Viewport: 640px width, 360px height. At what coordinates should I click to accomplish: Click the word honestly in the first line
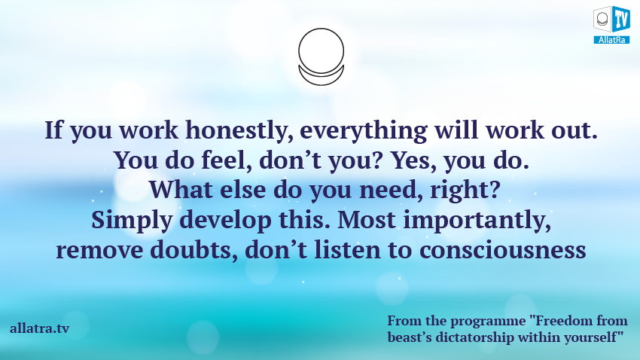coord(239,130)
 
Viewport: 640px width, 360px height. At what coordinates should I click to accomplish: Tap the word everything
coord(364,130)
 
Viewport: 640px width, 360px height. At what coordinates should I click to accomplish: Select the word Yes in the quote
coord(415,160)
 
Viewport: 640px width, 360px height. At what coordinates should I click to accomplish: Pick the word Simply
coord(132,221)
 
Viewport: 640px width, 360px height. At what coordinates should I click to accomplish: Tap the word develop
coord(226,221)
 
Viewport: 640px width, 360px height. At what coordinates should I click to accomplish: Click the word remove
coord(99,251)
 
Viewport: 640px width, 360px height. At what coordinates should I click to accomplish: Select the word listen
coord(347,250)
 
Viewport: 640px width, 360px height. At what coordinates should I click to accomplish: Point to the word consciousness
coord(503,251)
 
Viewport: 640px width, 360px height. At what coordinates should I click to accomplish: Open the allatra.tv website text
coord(40,328)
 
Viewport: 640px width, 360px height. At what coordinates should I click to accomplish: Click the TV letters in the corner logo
coord(621,19)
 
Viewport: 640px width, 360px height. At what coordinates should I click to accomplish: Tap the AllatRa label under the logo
coord(611,40)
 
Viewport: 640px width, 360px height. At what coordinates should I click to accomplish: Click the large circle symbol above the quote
coord(322,51)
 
